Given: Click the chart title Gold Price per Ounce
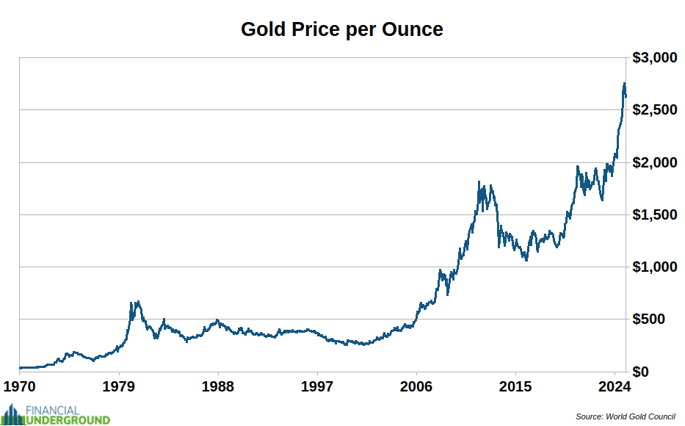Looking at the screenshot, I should point(342,29).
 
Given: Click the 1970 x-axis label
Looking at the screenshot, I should point(20,386).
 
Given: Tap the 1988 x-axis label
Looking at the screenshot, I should point(218,386).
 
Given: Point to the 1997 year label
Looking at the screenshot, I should point(317,386).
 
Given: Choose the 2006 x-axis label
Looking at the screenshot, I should point(416,386).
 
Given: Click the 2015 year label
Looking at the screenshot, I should point(515,386).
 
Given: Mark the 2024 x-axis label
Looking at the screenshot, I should point(614,386).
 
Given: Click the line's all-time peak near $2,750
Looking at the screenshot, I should point(624,84).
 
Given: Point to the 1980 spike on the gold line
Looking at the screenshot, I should point(132,303).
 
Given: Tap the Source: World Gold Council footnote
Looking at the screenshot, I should point(625,416).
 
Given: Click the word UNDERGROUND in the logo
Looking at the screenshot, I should point(68,420).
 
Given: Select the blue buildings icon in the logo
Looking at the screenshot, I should point(12,415).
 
